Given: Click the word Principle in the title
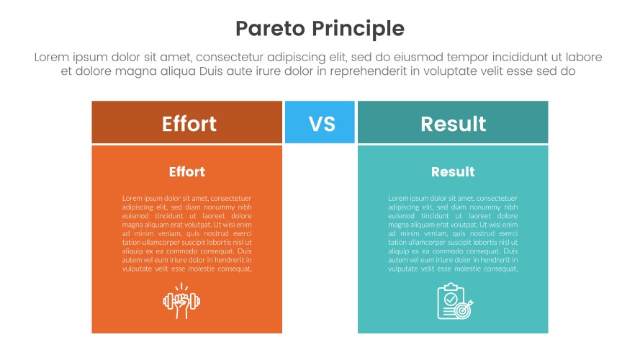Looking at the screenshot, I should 358,29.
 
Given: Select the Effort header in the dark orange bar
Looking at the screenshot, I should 189,123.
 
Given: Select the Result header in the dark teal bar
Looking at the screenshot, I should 453,123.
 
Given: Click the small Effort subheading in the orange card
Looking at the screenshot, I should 186,172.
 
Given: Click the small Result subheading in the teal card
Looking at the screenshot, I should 453,172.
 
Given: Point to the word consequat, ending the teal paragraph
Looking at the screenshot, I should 497,269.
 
